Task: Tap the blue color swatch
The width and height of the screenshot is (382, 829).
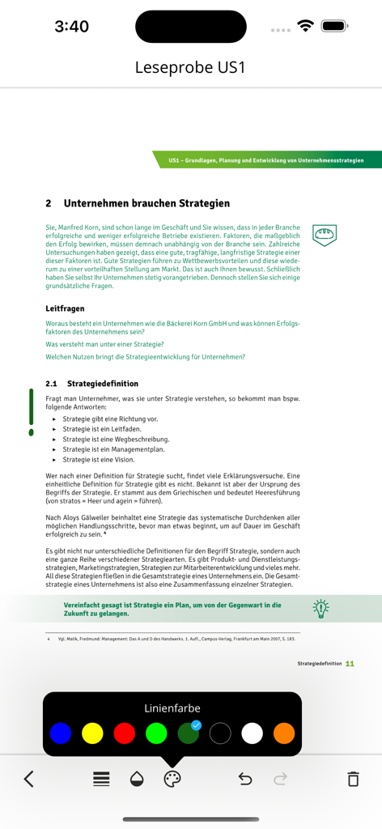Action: pos(61,733)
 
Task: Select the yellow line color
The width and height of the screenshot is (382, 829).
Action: pos(92,733)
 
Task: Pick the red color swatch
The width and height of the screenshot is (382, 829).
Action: pos(125,733)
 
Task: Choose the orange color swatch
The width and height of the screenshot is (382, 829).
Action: pos(284,733)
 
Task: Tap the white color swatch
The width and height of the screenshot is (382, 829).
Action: pos(253,733)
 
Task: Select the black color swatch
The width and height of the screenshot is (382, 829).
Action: pos(220,733)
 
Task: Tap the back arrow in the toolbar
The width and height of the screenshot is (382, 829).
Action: pos(29,779)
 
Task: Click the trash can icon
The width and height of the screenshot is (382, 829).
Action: pos(353,779)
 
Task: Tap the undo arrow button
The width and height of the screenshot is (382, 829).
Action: pos(245,779)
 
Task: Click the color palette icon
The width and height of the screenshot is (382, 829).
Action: pos(172,779)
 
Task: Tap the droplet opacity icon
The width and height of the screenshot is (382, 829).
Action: pos(137,779)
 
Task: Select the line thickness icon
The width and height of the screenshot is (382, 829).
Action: pos(101,779)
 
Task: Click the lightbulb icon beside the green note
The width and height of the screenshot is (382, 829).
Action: pos(321,609)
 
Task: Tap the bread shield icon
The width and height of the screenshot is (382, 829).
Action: pos(325,235)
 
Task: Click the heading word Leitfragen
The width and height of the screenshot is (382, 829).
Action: pos(65,308)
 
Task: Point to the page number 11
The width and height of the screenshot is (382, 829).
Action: pos(350,664)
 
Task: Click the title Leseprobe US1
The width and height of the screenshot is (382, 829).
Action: pos(190,68)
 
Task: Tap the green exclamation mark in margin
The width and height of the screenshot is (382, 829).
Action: pos(32,412)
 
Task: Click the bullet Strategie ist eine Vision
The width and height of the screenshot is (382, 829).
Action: pos(98,459)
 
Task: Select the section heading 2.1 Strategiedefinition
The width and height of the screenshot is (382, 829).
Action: pos(91,384)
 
